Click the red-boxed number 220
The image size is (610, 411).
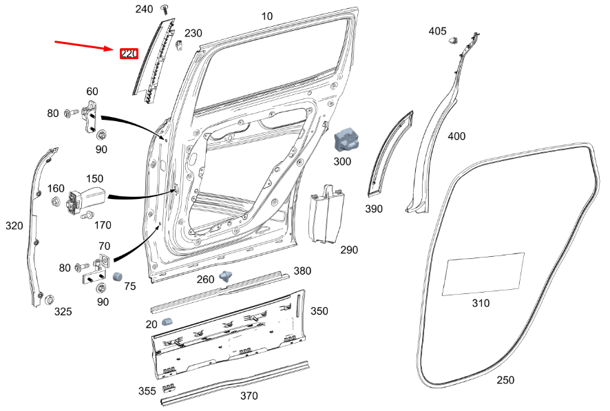129,54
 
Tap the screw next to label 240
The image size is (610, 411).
165,8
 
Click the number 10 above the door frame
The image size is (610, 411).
267,16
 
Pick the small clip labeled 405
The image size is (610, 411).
454,41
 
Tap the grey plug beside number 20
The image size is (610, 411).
167,322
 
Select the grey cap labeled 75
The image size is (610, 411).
118,276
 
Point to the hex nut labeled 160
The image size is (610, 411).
54,201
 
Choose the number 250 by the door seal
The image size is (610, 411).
505,380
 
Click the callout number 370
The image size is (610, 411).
249,396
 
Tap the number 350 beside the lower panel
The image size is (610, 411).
319,311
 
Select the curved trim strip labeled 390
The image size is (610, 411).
391,151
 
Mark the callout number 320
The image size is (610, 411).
14,225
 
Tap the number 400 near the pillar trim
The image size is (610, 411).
456,136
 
